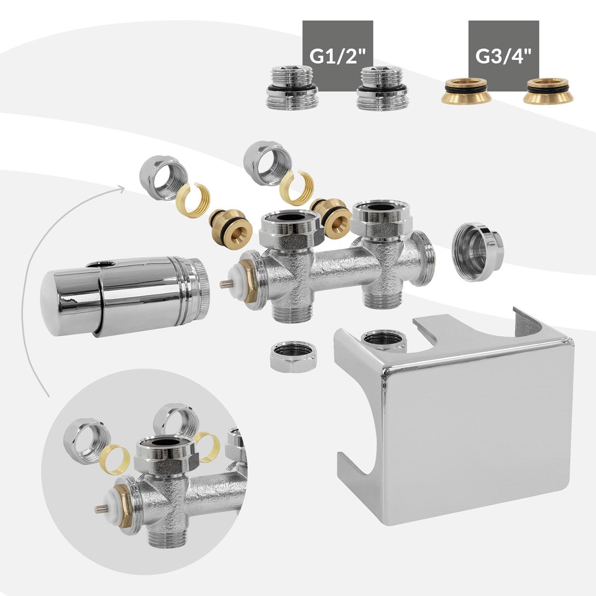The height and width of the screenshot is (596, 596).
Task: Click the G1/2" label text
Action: point(338,56)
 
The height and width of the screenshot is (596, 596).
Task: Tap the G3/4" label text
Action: point(504,56)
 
